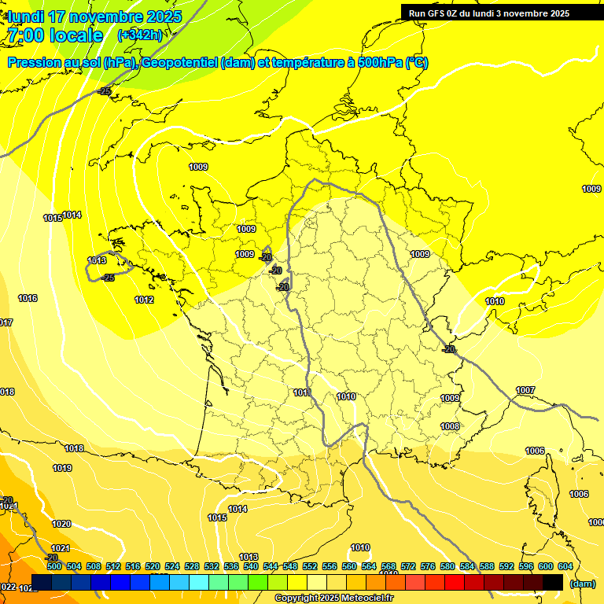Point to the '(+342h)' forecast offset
pos(140,35)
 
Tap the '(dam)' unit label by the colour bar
pos(582,584)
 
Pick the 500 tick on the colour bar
pos(54,566)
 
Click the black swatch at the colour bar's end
pos(553,582)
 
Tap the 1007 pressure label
pos(525,391)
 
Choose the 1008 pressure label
pos(450,426)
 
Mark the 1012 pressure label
pos(144,300)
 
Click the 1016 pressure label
pos(28,298)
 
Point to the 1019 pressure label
pos(62,468)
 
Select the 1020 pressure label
pos(61,524)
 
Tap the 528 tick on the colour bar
pos(192,566)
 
